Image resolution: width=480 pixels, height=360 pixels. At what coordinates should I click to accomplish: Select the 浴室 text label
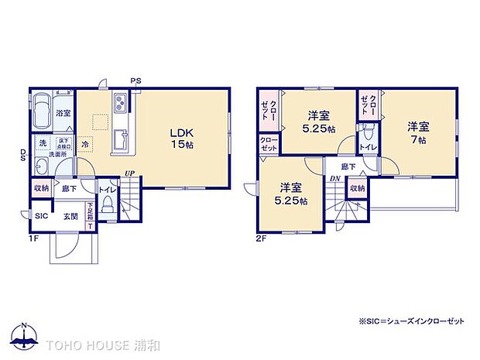[64, 113]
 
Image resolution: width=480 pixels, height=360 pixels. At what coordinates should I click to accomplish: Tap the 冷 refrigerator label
[84, 144]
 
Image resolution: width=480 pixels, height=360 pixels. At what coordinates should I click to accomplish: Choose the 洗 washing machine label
[43, 143]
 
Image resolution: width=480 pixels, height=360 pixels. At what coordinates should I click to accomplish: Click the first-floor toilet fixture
[108, 204]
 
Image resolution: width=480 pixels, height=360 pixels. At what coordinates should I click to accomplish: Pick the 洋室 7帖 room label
[419, 132]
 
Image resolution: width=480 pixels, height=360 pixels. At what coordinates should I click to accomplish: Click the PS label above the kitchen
[135, 81]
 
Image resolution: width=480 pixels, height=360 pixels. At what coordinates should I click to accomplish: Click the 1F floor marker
[36, 239]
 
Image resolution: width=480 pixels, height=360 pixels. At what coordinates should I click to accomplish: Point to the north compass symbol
[26, 335]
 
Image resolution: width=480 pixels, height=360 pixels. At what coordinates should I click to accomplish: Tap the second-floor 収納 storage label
[356, 188]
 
